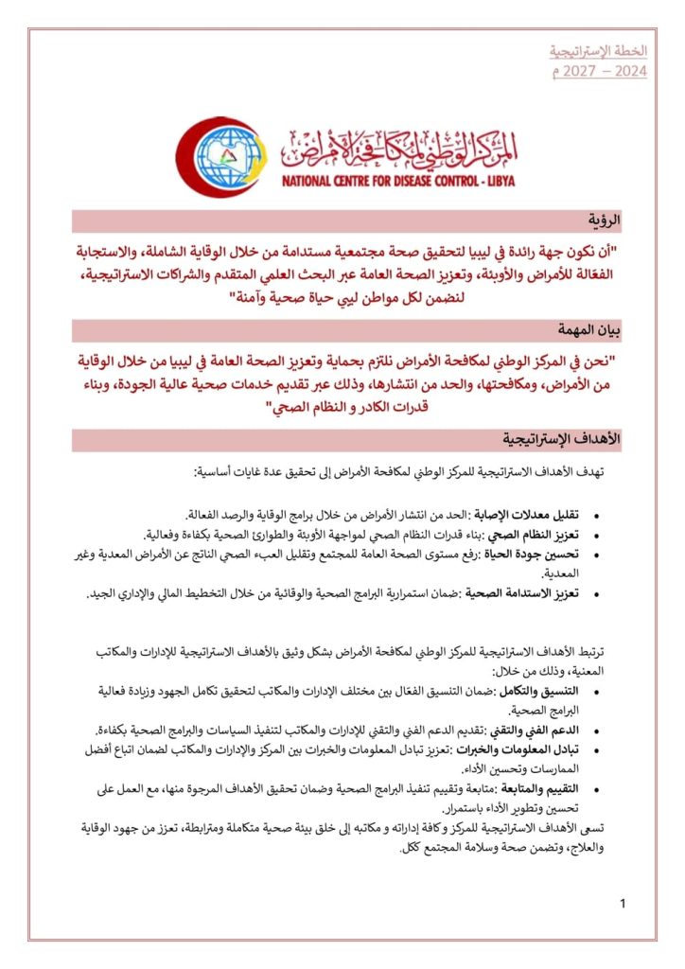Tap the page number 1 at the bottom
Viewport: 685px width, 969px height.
623,905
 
